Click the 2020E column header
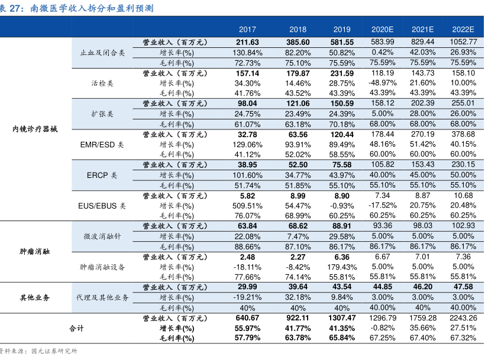pos(382,30)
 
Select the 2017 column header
pos(247,30)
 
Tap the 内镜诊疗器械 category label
pos(35,129)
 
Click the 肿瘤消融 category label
pos(35,251)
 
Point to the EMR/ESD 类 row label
pos(102,145)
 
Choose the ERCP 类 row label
pos(102,176)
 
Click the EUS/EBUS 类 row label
pos(102,206)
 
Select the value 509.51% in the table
pos(247,206)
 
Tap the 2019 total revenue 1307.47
pos(342,318)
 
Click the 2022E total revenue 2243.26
pos(463,318)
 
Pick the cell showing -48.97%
pos(382,83)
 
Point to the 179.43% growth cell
pos(342,267)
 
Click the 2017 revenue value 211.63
pos(247,42)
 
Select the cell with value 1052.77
pos(463,42)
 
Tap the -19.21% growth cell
pos(247,297)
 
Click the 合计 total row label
pos(76,329)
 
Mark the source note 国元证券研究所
pos(54,351)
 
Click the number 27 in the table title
pos(14,8)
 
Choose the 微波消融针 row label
pos(102,236)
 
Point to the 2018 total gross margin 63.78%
pos(298,338)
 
